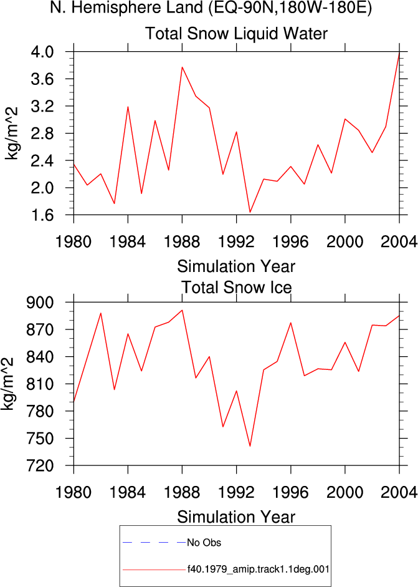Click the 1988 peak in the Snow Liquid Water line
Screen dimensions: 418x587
[x=182, y=67]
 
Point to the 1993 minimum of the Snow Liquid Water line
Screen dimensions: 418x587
[x=250, y=212]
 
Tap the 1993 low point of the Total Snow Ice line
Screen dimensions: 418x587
[x=250, y=446]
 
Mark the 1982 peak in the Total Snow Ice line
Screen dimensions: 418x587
[x=100, y=313]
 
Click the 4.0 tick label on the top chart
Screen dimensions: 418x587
[x=42, y=51]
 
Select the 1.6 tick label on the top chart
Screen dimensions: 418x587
[x=42, y=215]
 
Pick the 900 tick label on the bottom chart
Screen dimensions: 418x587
[x=40, y=302]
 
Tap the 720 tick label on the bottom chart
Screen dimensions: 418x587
[x=40, y=465]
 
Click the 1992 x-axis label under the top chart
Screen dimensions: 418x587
[x=236, y=241]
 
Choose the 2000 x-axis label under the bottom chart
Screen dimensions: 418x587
[x=344, y=492]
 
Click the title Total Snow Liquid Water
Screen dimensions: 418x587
[x=236, y=33]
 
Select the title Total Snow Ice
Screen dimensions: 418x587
[x=236, y=288]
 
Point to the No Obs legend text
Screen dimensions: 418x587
[x=204, y=543]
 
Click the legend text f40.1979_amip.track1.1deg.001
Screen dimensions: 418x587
[x=259, y=570]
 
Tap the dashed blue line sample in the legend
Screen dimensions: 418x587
[x=154, y=542]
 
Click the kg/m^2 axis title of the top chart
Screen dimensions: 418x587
[x=12, y=133]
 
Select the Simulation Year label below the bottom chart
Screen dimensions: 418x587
[x=236, y=517]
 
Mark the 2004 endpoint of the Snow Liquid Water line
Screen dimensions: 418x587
[x=399, y=53]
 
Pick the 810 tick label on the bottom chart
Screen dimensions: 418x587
[x=40, y=384]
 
